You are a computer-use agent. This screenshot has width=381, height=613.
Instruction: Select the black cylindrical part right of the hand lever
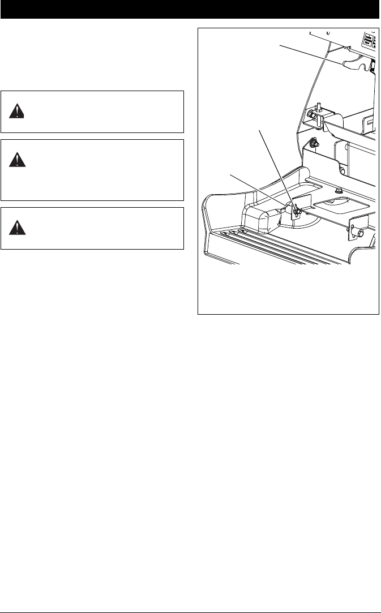373,67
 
